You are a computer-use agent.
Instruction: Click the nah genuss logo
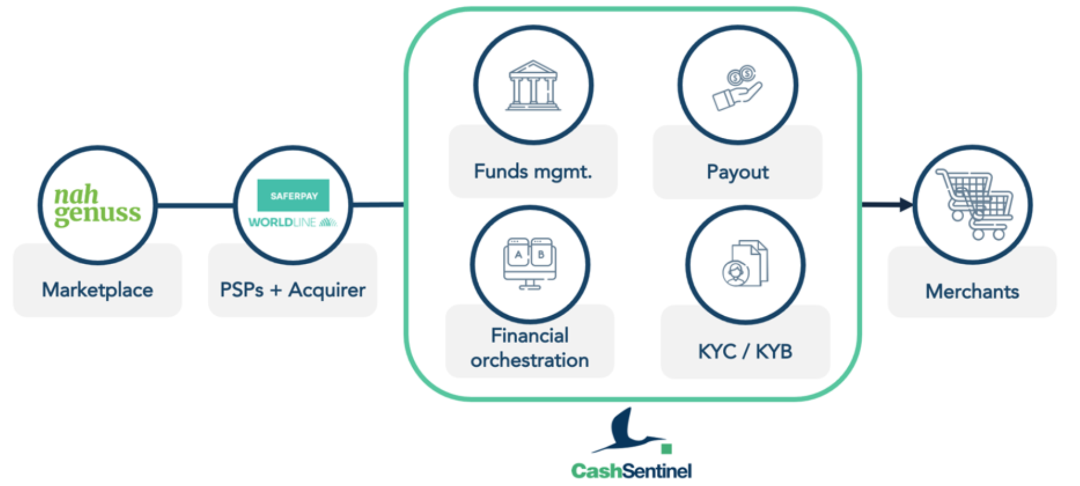[97, 205]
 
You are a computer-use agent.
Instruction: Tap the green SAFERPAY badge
[293, 195]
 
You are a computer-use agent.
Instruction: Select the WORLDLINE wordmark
[292, 222]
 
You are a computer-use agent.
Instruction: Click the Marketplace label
[97, 290]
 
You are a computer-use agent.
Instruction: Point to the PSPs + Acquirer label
[293, 290]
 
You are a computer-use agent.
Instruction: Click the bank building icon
[533, 85]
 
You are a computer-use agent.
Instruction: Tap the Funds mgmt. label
[533, 171]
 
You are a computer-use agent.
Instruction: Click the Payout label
[738, 172]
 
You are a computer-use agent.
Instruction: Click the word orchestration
[530, 360]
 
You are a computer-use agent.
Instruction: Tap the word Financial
[530, 335]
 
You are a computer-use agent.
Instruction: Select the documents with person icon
[745, 263]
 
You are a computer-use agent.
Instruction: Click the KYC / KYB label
[745, 352]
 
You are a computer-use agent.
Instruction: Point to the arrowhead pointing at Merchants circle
[906, 204]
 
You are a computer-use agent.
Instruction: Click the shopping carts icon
[975, 204]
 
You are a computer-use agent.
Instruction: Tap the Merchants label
[973, 291]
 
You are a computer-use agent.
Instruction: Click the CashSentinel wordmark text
[631, 471]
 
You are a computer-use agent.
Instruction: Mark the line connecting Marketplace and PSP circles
[195, 205]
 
